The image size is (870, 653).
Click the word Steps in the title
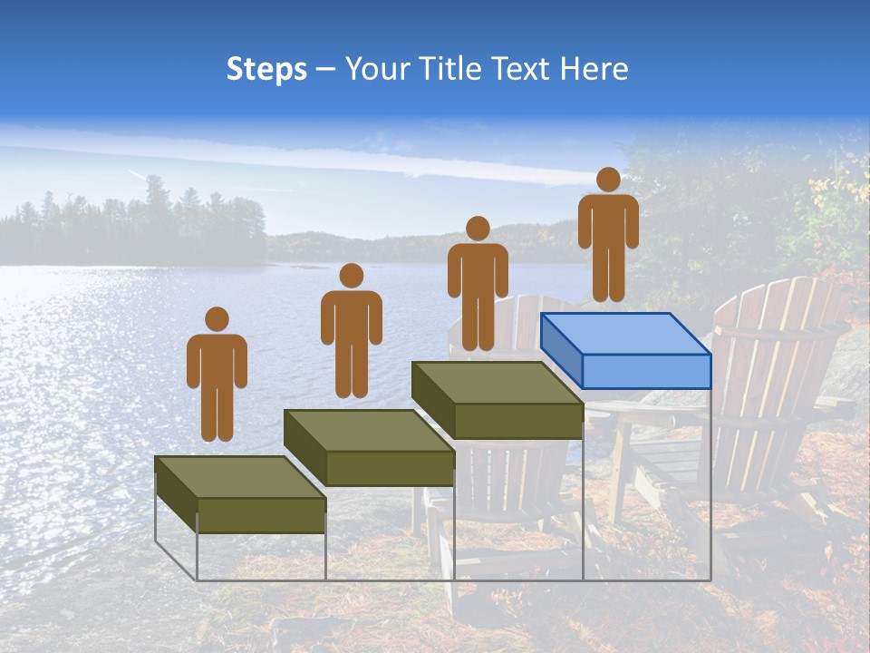pos(266,70)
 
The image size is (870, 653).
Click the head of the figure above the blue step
pos(608,180)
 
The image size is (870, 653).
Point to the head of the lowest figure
pos(217,319)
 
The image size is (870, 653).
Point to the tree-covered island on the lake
pos(136,231)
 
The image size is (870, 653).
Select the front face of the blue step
pos(645,371)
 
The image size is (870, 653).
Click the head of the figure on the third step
pos(477,229)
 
